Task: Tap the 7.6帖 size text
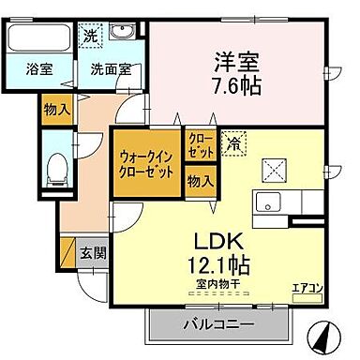[236, 84]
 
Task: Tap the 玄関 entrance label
[92, 252]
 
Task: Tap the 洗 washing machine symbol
[89, 35]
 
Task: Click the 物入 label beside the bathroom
[56, 109]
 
